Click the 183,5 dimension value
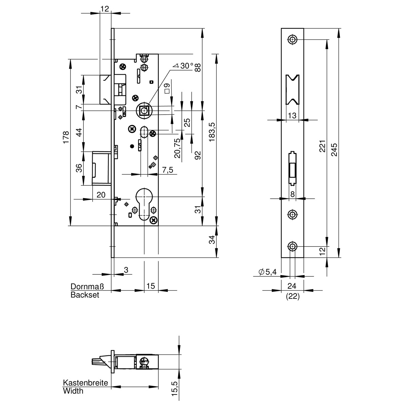pos(212,132)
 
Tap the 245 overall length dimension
pos(334,150)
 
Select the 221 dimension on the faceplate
pos(323,146)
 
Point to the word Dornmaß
pos(87,287)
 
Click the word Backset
pos(85,295)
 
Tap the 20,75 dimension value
pos(177,148)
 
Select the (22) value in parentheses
pos(293,296)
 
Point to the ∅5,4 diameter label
pos(268,272)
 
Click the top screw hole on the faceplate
pos(292,39)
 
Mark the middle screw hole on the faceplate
pos(292,215)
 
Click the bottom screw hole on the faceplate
pos(292,246)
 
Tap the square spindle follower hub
pos(144,111)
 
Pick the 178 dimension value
pos(66,137)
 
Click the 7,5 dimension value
pos(168,170)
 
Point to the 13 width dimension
pos(292,115)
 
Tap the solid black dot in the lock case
pos(132,146)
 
